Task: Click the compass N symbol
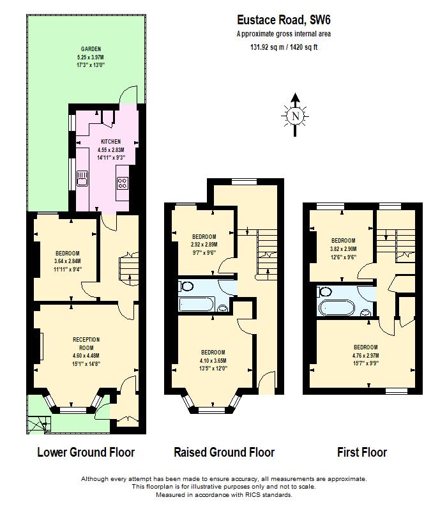294,116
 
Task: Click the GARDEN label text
90,49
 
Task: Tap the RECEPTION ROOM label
86,343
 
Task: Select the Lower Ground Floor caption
86,452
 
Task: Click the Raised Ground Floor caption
224,452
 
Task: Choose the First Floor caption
361,452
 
